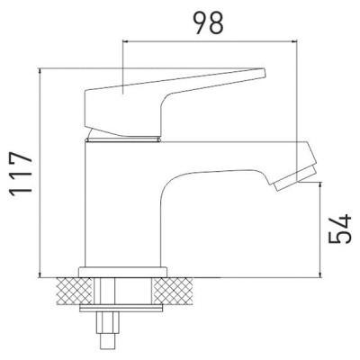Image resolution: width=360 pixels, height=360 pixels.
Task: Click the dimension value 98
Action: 208,22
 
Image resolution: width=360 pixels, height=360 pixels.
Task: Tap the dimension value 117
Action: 21,174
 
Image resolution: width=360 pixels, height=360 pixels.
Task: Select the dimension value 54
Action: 339,229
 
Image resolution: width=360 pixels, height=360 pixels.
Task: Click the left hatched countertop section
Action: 74,291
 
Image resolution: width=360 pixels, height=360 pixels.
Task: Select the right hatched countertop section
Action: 174,291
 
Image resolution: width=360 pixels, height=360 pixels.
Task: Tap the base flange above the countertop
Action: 122,272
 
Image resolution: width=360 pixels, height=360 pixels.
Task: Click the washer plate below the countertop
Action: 121,308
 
